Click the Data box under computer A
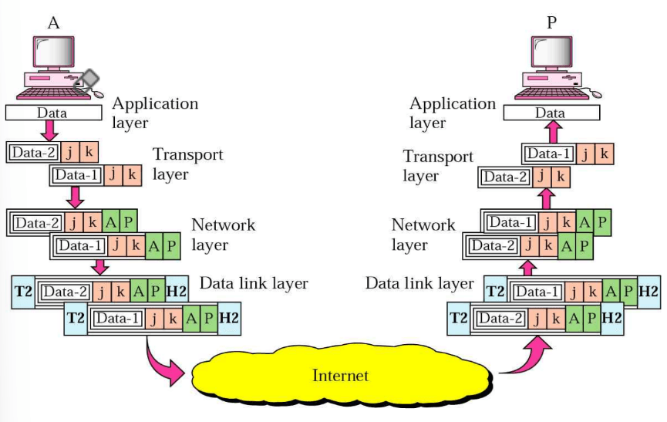coord(52,113)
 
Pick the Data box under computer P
coord(550,113)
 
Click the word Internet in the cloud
coord(340,376)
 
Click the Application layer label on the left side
coord(155,113)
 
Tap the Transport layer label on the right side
coord(438,166)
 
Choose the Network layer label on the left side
coord(223,235)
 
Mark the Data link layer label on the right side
coord(419,284)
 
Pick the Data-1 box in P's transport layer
coord(549,154)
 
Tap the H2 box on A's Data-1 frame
coord(229,318)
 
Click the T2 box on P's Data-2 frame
coord(459,318)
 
